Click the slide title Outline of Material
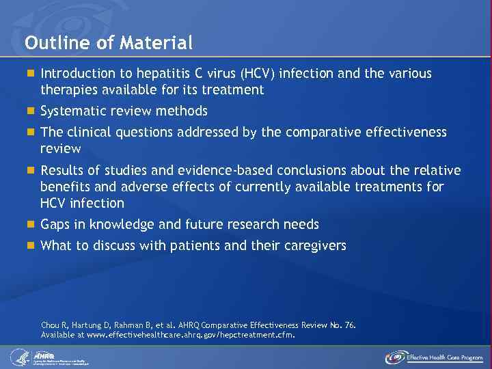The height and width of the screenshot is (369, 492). click(109, 43)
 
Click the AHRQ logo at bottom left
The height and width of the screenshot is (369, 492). click(51, 357)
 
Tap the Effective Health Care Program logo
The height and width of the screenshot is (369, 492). click(434, 357)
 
